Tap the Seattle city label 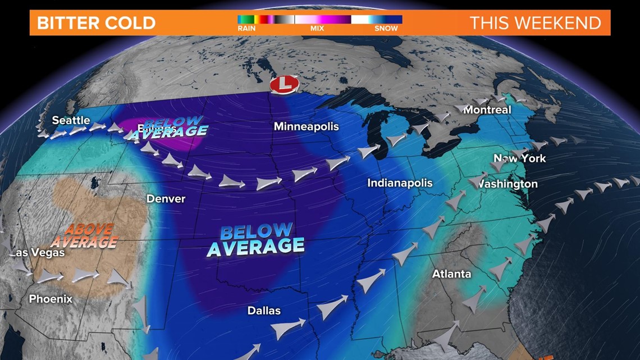pyautogui.click(x=71, y=120)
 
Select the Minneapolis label pyautogui.click(x=306, y=126)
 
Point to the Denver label pyautogui.click(x=166, y=199)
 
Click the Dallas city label pyautogui.click(x=264, y=311)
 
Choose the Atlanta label pyautogui.click(x=451, y=274)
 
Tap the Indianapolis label pyautogui.click(x=400, y=183)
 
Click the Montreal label pyautogui.click(x=487, y=110)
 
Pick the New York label pyautogui.click(x=520, y=158)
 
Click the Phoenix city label pyautogui.click(x=51, y=299)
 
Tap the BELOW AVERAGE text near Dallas pyautogui.click(x=255, y=239)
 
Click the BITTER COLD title pyautogui.click(x=96, y=23)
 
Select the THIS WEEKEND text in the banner pyautogui.click(x=535, y=23)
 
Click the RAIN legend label pyautogui.click(x=246, y=28)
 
